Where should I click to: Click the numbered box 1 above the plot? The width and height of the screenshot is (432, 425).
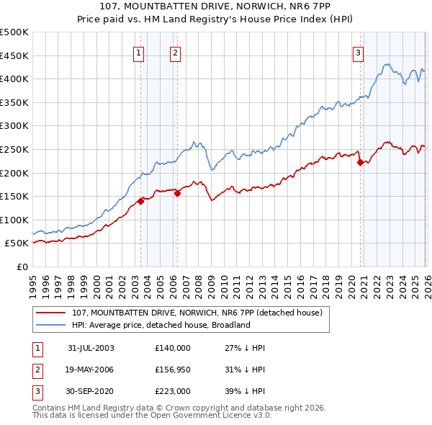(138, 52)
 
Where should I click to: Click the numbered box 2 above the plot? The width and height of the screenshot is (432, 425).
(175, 52)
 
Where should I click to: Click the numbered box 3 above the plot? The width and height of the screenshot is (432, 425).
(358, 52)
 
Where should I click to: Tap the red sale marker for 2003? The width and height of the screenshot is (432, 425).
(141, 201)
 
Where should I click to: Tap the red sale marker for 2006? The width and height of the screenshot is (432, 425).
(177, 193)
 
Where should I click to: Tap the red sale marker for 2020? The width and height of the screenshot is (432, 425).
(360, 162)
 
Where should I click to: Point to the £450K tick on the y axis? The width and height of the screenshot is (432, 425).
(14, 55)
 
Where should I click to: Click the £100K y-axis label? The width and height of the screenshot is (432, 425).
(14, 220)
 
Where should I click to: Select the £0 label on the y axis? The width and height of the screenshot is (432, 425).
(22, 267)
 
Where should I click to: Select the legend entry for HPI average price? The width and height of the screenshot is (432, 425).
(160, 325)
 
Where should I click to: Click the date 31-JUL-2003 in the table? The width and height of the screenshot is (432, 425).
(91, 348)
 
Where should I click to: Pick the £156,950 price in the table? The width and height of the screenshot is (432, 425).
(173, 370)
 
